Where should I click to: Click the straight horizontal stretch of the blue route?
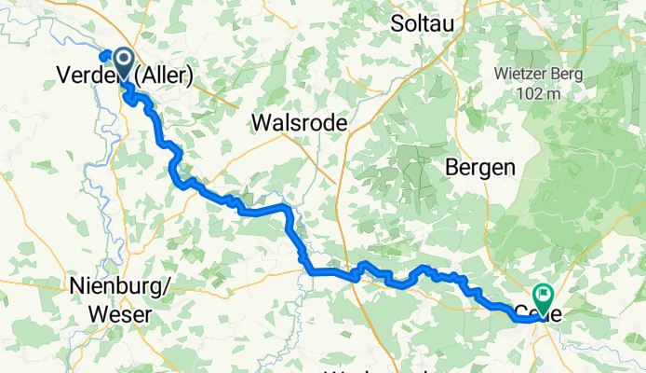coord(330,271)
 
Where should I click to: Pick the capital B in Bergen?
coord(453,167)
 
